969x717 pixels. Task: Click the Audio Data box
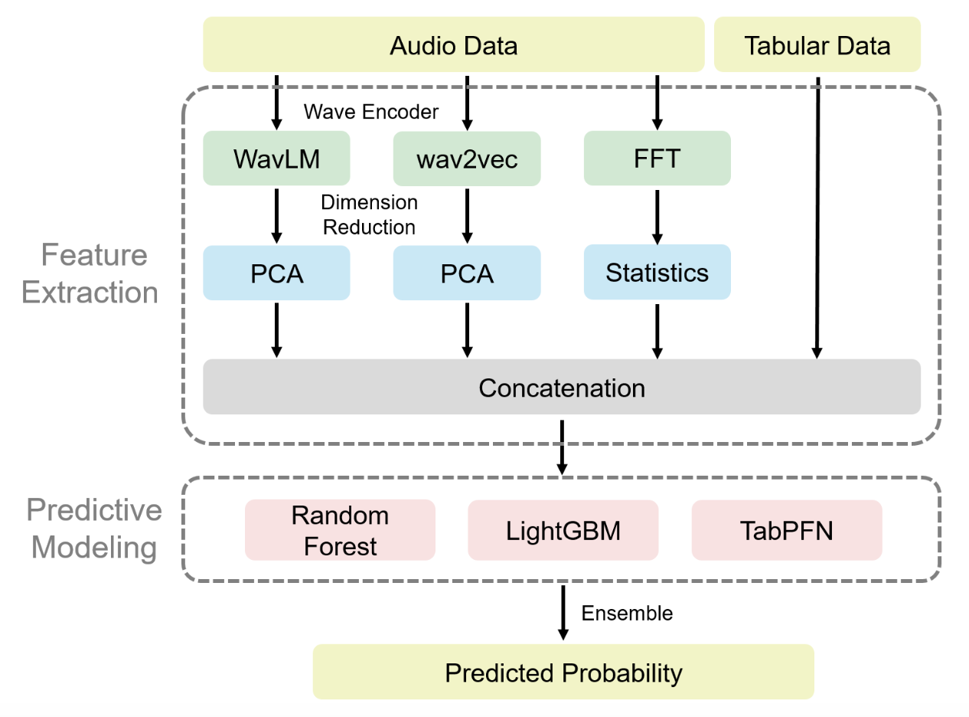point(453,45)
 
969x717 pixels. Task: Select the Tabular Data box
point(817,45)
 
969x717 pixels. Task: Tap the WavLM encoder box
point(276,159)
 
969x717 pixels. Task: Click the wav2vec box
point(467,159)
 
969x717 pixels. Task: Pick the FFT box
point(657,159)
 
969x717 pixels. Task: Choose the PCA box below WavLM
point(276,273)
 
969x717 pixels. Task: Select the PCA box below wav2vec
point(467,273)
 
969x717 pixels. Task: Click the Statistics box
point(657,272)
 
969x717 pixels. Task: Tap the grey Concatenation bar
point(561,388)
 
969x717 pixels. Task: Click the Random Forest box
point(340,530)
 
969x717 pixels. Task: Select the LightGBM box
point(563,530)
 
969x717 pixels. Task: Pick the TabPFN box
point(786,530)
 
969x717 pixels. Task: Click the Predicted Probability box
point(563,672)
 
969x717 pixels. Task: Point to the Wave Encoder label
point(371,112)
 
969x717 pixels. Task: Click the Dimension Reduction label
point(369,214)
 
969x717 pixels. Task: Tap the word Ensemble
point(627,613)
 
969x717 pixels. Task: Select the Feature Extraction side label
point(90,273)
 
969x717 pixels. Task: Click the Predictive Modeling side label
point(94,529)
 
